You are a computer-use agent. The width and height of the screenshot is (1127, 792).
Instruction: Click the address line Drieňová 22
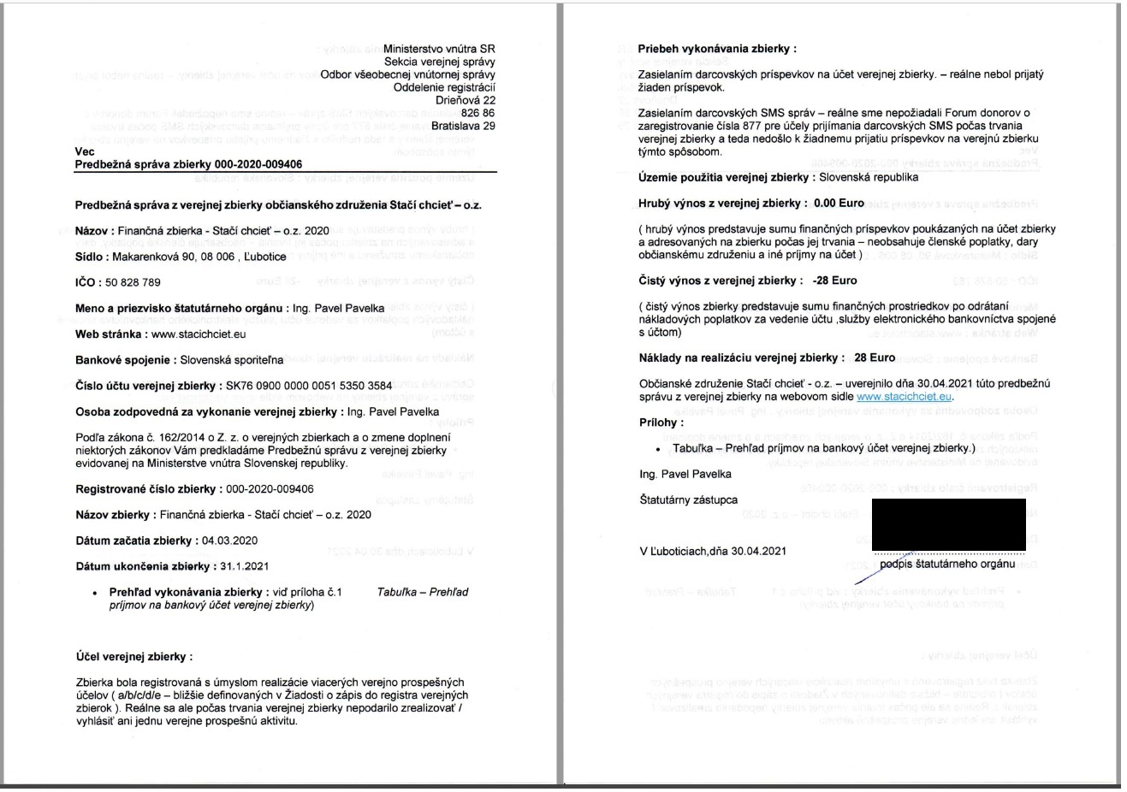pos(465,100)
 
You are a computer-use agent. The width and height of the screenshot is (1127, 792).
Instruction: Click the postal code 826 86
pos(477,113)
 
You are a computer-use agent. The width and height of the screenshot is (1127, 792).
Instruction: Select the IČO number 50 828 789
pos(132,282)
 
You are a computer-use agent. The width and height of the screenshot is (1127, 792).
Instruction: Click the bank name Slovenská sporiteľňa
pos(231,360)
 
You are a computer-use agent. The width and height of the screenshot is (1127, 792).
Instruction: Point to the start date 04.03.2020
pos(229,541)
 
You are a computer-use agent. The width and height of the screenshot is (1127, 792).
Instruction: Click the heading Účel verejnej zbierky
pos(134,657)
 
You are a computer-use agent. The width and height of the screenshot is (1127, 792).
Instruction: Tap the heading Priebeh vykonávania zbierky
pos(717,49)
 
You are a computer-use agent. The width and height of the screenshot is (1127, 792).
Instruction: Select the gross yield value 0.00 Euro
pos(839,204)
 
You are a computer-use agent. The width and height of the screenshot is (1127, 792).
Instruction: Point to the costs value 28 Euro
pos(875,358)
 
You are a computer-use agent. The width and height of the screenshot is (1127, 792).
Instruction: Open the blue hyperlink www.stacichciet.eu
pos(904,397)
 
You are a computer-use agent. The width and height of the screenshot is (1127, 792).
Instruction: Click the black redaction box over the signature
pos(948,524)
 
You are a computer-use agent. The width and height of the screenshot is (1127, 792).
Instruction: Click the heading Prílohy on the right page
pos(661,423)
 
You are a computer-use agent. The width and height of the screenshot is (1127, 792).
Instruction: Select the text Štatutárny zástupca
pos(688,499)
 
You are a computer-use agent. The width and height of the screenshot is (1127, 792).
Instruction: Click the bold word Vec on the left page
pos(85,151)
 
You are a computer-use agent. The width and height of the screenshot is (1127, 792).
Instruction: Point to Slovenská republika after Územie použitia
pos(869,178)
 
